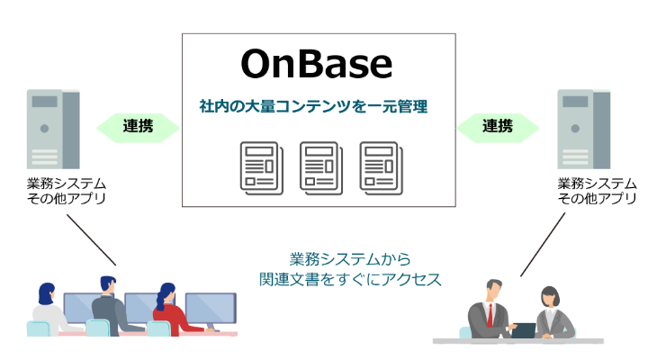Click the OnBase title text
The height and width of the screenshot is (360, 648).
coord(317,64)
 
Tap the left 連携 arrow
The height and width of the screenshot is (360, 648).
coord(138,128)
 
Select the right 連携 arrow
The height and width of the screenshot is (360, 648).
coord(498,128)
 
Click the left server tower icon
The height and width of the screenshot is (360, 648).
coord(53,129)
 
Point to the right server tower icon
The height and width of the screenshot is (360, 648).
coord(583,129)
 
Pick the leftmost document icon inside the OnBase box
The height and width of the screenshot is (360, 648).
coord(262,167)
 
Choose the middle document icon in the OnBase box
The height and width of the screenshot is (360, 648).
coord(321,167)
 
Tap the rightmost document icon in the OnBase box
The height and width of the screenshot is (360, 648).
coord(381,167)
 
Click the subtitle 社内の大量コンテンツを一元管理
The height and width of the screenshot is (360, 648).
coord(313,106)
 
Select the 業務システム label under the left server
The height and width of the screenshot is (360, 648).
coord(66,183)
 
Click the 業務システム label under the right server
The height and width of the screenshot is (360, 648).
coord(597,183)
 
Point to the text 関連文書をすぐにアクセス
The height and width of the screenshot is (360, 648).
coord(350,279)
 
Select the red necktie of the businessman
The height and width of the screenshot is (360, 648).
coord(490,315)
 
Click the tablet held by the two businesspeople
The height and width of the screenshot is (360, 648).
coord(524,330)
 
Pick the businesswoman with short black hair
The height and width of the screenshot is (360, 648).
coord(553,312)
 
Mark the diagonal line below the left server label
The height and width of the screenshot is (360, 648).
coord(91,239)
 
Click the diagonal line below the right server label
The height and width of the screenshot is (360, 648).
coord(543,244)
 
